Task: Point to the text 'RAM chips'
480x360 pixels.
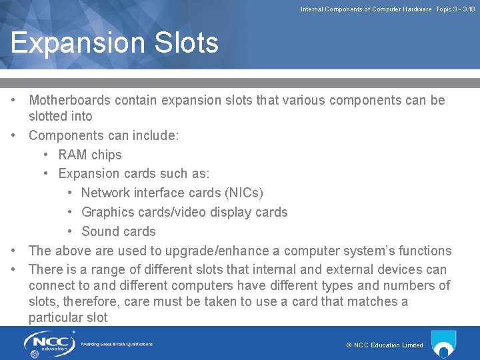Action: pos(90,155)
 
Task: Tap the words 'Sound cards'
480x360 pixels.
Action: pos(118,232)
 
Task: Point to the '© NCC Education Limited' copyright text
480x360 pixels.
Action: pos(385,345)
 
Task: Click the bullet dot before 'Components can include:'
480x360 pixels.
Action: pos(14,135)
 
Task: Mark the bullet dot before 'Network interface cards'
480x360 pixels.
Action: pos(71,193)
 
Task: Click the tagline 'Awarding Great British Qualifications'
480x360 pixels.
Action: pos(117,344)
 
